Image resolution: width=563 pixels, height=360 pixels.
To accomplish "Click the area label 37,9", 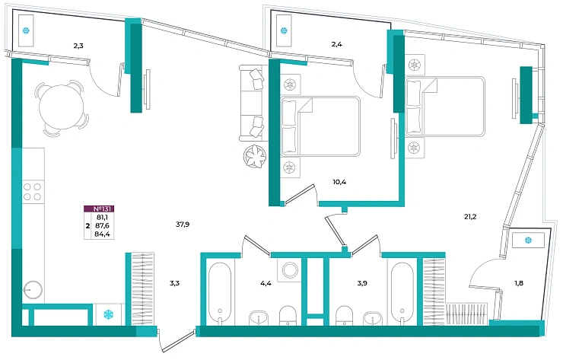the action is click(183, 225).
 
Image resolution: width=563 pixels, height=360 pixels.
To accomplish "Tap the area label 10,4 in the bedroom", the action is click(339, 182).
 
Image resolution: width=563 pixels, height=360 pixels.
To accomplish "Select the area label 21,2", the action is click(470, 217).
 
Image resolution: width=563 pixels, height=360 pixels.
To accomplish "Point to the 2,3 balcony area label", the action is click(78, 46).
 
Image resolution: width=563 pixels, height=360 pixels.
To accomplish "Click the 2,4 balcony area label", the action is click(336, 44).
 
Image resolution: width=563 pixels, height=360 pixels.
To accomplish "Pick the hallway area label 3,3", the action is click(174, 283).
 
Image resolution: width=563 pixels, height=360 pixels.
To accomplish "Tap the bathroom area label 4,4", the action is click(266, 283).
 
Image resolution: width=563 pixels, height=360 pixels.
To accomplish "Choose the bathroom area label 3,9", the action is click(362, 283).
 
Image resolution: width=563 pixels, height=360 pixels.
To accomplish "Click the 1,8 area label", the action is click(518, 283).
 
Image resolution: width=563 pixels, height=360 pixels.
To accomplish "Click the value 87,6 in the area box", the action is click(103, 225).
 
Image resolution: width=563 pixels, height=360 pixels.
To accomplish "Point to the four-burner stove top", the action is click(32, 192).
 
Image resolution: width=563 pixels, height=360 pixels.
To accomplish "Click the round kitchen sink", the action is click(33, 289).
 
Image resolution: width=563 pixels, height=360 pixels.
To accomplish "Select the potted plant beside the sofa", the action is click(256, 156).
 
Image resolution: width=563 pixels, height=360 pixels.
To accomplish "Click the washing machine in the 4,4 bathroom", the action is click(290, 270).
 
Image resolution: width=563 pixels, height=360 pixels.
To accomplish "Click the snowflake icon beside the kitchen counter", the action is click(108, 315).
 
